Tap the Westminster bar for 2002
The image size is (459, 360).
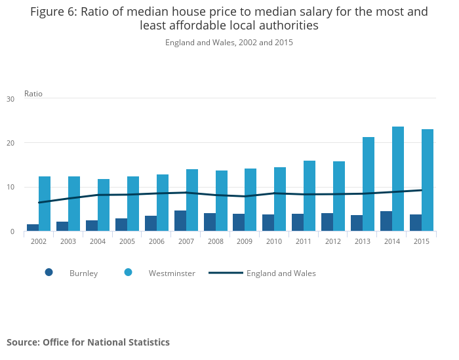click(x=45, y=203)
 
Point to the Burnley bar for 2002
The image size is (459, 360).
click(x=33, y=228)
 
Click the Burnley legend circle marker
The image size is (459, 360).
click(x=49, y=273)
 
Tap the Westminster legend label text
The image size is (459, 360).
click(x=172, y=273)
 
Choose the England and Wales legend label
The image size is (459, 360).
click(x=281, y=273)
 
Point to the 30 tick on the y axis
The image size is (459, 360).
click(x=10, y=99)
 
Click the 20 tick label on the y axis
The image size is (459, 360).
click(x=10, y=143)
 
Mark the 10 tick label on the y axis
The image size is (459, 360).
click(x=10, y=188)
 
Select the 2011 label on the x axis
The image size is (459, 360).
click(x=304, y=241)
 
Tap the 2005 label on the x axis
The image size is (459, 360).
click(x=127, y=241)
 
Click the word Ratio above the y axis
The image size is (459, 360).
click(x=33, y=94)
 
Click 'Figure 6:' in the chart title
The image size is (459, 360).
click(x=54, y=12)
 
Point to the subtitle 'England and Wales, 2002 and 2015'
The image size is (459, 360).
click(x=229, y=43)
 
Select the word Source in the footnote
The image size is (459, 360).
click(x=23, y=342)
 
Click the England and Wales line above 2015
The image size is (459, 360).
click(x=421, y=190)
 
